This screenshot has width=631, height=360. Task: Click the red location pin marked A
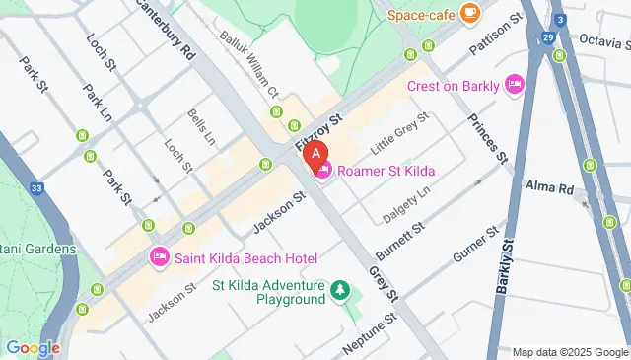315,156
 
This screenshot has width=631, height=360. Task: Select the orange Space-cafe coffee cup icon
469,14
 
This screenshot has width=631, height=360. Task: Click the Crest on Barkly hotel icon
514,86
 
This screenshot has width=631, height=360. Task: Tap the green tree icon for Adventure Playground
340,290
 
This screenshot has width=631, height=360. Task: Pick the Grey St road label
383,283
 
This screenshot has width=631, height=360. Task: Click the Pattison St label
492,36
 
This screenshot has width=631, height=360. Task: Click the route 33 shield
36,186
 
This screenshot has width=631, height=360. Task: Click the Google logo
33,347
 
